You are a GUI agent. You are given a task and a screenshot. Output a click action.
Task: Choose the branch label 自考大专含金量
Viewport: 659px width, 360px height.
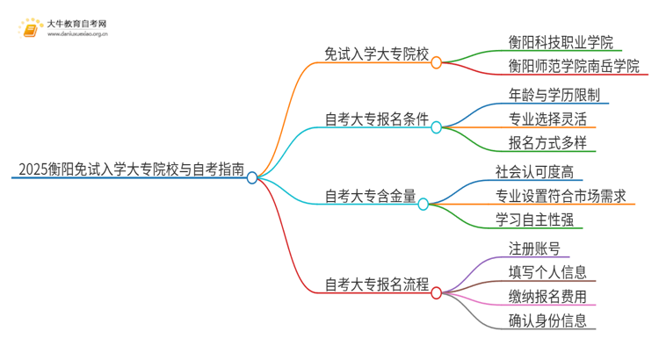370,194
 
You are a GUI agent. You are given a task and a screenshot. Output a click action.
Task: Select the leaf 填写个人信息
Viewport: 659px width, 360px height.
547,272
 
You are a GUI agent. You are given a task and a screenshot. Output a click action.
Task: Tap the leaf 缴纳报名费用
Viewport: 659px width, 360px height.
547,296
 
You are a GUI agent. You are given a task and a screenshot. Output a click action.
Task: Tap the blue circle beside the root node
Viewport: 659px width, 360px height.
252,177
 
